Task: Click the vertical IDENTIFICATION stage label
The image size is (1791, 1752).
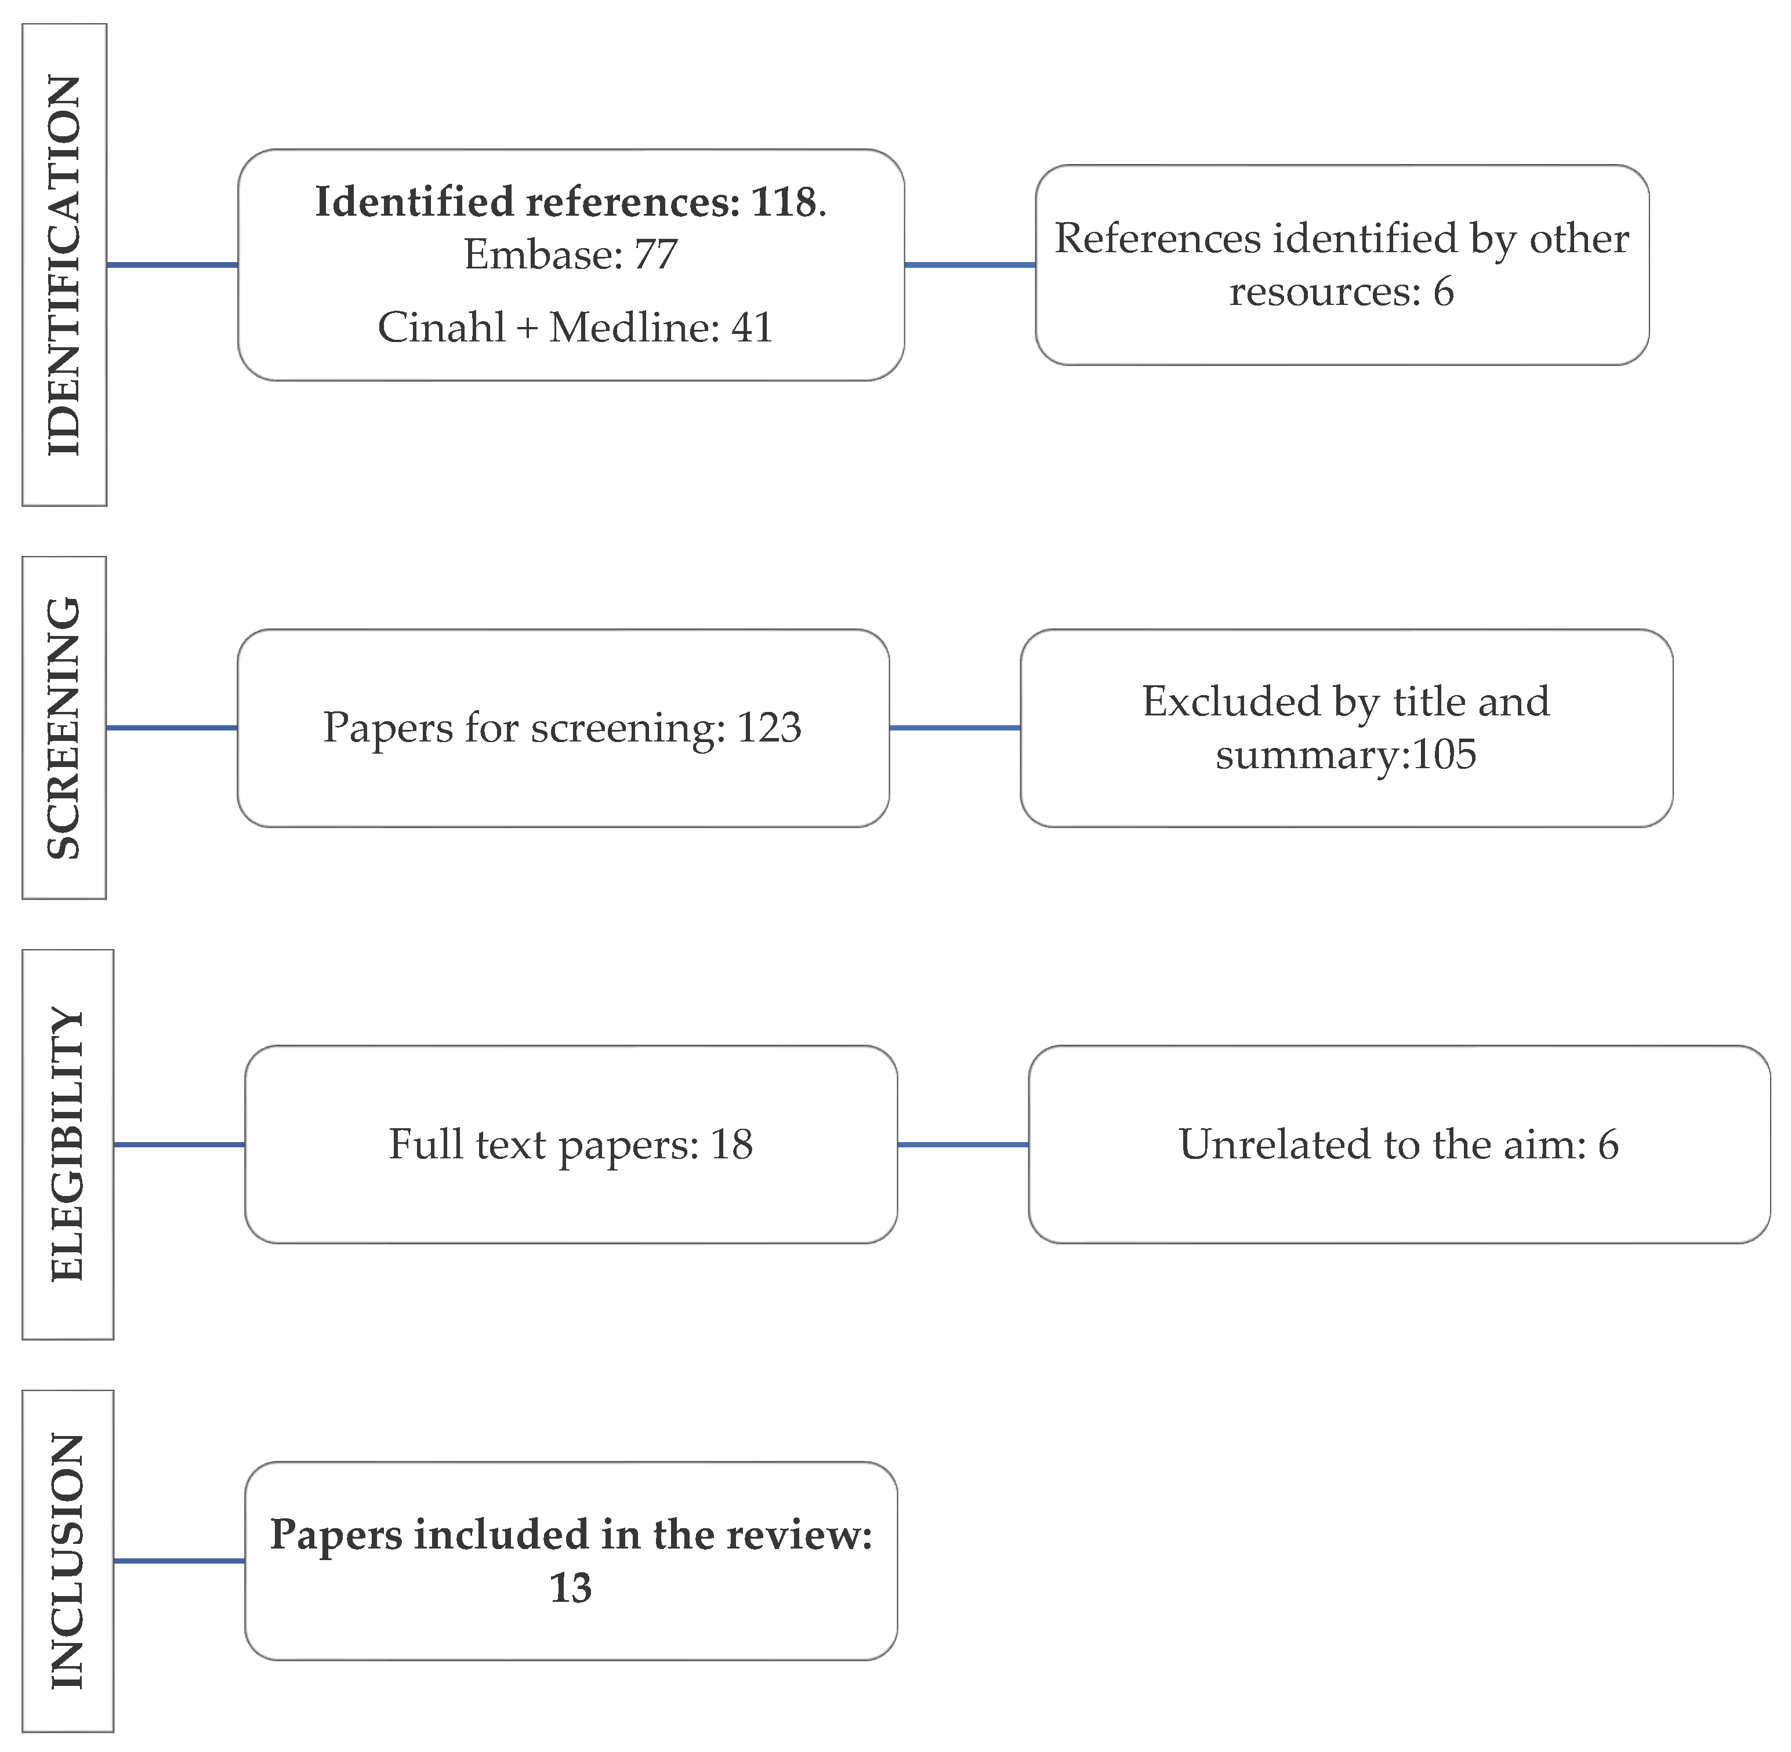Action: pyautogui.click(x=64, y=265)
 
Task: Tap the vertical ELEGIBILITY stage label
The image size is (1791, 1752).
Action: pyautogui.click(x=67, y=1144)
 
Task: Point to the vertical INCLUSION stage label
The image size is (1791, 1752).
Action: pyautogui.click(x=67, y=1561)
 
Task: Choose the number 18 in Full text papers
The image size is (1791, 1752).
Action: pyautogui.click(x=732, y=1144)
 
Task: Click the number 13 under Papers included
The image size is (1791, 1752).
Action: pyautogui.click(x=571, y=1588)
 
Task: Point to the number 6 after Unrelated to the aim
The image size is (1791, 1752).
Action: pyautogui.click(x=1608, y=1144)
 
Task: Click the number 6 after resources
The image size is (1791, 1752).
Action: pyautogui.click(x=1443, y=292)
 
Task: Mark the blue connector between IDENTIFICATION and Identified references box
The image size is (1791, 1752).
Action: pyautogui.click(x=172, y=265)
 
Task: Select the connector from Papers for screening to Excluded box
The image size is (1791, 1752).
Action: pyautogui.click(x=955, y=728)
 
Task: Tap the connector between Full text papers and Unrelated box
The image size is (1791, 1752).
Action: pyautogui.click(x=963, y=1144)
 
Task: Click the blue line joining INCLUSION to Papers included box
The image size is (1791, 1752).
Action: pyautogui.click(x=179, y=1561)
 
